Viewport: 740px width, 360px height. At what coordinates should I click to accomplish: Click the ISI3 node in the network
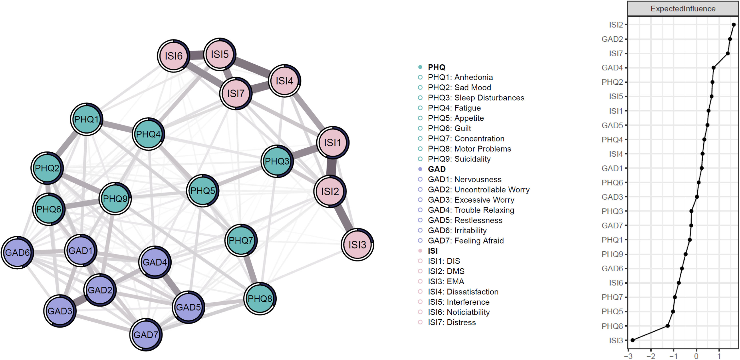tap(357, 245)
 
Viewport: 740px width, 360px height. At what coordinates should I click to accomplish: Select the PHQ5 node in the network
tap(202, 191)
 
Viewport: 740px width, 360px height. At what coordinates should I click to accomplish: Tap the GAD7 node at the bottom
tap(146, 335)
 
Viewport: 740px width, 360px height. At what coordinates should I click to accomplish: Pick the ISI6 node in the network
tap(173, 56)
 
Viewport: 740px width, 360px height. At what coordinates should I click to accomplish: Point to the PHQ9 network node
tap(115, 199)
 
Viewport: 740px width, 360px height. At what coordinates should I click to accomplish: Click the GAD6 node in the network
tap(17, 253)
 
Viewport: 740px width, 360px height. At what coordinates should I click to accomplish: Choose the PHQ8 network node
tap(260, 298)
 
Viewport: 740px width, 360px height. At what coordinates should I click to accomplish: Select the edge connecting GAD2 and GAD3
tap(80, 300)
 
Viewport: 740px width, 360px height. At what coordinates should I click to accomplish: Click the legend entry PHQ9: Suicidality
tap(459, 159)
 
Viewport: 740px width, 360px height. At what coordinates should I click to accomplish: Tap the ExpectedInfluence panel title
tap(683, 9)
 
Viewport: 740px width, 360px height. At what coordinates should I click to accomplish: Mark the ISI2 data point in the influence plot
tap(733, 25)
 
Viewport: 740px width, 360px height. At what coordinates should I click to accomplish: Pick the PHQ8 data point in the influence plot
tap(668, 326)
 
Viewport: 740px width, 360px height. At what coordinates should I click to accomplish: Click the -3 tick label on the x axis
tap(629, 356)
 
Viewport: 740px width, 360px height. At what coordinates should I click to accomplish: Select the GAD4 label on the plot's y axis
tap(612, 68)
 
